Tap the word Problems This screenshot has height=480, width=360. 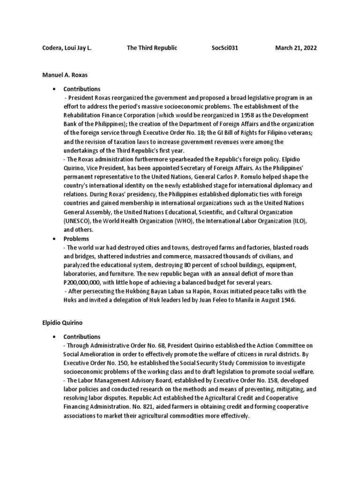click(76, 239)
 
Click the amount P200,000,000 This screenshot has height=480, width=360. click(86, 283)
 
